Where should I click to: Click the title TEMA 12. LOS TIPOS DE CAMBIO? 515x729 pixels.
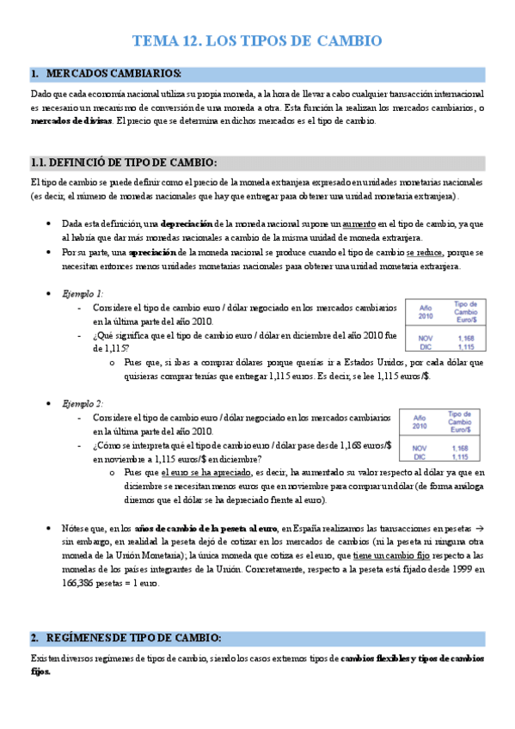[x=257, y=41]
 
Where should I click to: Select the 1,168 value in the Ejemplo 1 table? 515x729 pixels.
[x=465, y=339]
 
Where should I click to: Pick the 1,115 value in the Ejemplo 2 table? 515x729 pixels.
[x=461, y=456]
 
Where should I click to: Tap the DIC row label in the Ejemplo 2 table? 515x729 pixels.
[x=419, y=456]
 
